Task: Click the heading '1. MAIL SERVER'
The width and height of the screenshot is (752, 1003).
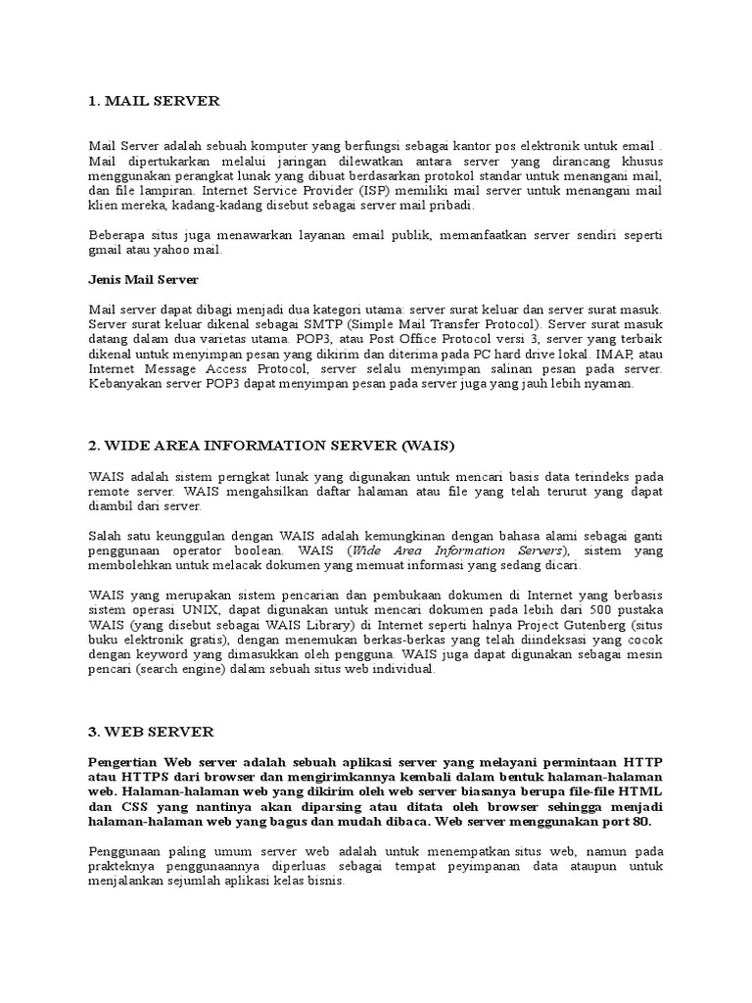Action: pyautogui.click(x=154, y=101)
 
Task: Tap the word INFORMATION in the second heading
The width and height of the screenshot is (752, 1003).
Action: pyautogui.click(x=262, y=446)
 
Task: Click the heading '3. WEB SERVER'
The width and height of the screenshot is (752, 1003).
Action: pyautogui.click(x=151, y=732)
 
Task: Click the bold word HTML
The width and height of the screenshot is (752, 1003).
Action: pyautogui.click(x=642, y=791)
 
